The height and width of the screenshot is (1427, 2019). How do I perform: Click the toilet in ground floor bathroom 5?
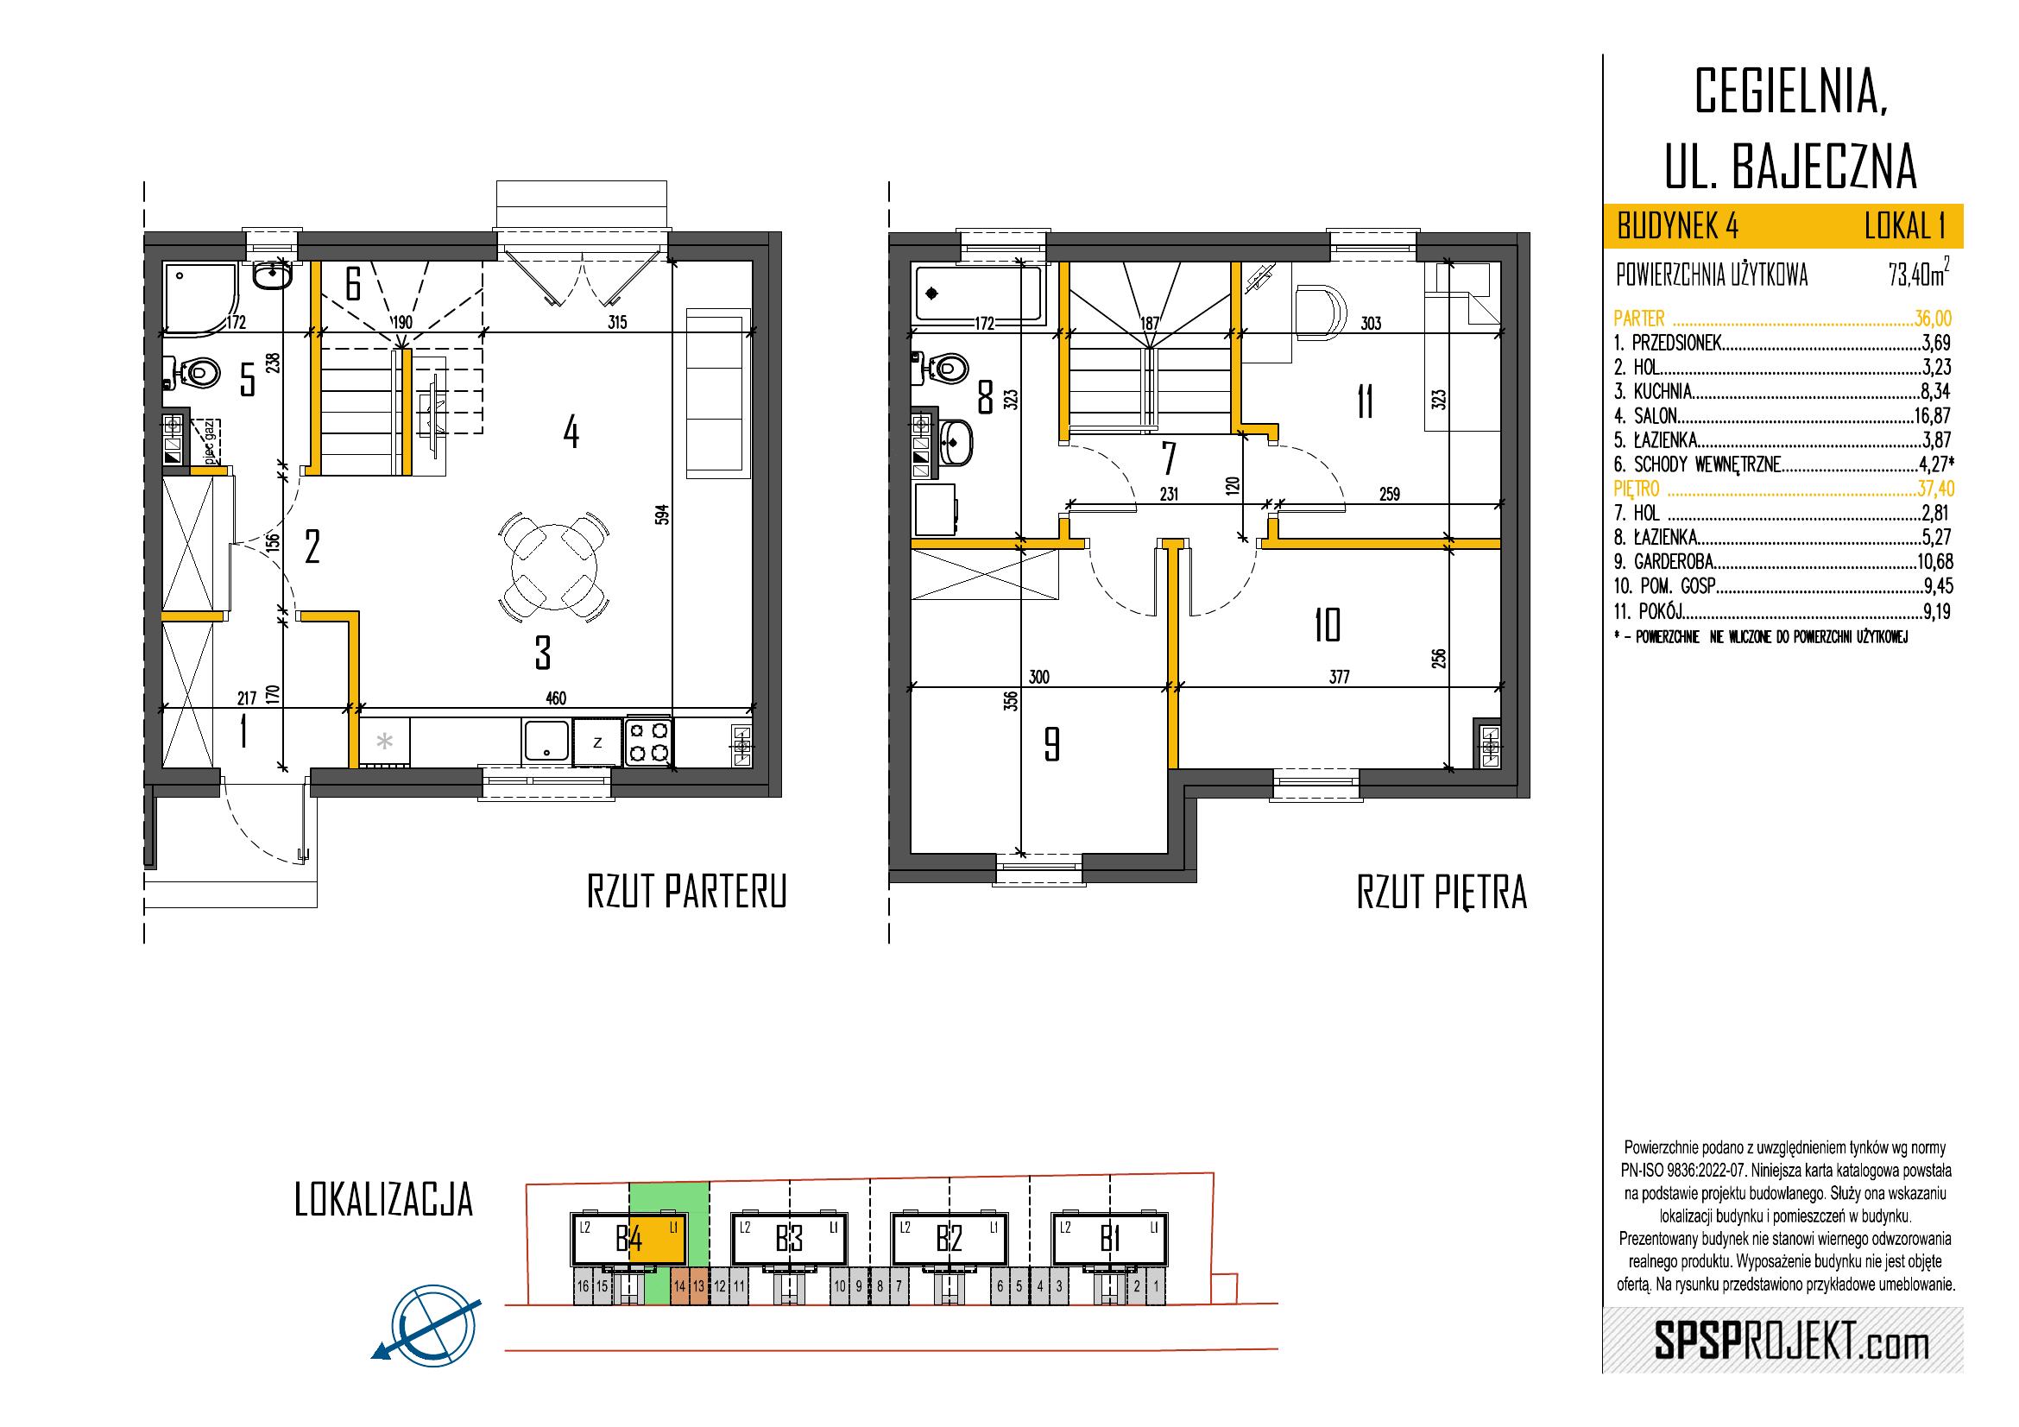coord(195,373)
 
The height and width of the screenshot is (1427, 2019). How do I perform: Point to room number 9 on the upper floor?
coord(1051,745)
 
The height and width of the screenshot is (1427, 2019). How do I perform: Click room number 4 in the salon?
coord(571,432)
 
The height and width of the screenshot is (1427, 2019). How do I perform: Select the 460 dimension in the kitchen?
coord(556,698)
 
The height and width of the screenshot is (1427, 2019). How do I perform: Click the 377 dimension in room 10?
coord(1339,676)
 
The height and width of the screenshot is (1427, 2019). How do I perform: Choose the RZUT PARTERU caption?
coord(686,892)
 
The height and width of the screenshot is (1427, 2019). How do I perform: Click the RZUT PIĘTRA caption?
coord(1442,892)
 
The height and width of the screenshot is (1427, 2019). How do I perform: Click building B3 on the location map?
coord(789,1240)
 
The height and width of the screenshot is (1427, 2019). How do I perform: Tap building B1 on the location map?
coord(1109,1240)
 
